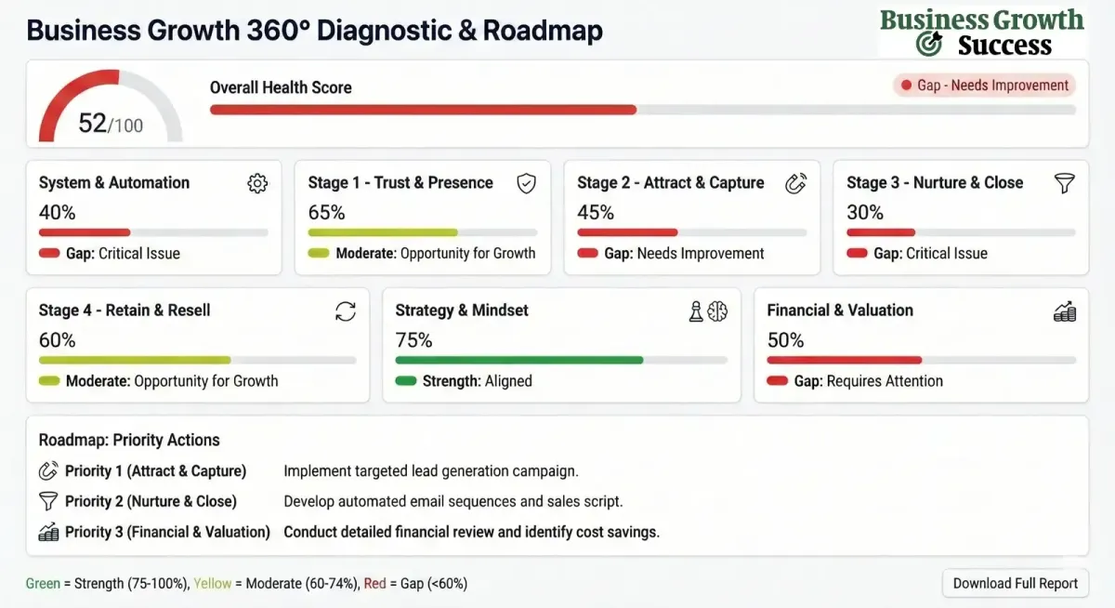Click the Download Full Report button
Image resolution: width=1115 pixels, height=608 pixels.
[1016, 584]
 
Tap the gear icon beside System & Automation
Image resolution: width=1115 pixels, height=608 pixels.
[257, 183]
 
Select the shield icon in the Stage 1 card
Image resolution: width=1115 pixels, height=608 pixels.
[526, 183]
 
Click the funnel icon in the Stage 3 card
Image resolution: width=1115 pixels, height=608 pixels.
[1065, 183]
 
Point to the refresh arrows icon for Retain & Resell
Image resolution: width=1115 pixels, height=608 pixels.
[346, 311]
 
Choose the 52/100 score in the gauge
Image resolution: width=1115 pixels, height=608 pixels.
[110, 123]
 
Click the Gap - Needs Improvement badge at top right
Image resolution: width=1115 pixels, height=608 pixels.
[985, 86]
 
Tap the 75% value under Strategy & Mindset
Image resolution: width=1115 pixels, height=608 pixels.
[414, 340]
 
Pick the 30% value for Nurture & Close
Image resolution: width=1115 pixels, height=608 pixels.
[865, 212]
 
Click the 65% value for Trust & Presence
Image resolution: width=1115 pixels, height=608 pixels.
[326, 212]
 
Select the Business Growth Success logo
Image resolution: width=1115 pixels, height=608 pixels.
[982, 33]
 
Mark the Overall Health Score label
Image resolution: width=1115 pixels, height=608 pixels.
[281, 88]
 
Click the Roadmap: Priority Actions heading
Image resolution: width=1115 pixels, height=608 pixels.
[129, 440]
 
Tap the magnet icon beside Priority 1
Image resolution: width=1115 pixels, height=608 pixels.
[48, 471]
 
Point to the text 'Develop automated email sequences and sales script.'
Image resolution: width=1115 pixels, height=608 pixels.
[453, 501]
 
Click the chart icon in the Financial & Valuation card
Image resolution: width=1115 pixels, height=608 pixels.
[1065, 312]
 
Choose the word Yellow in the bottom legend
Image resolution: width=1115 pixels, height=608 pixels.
[213, 584]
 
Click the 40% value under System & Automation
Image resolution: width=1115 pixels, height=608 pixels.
[57, 212]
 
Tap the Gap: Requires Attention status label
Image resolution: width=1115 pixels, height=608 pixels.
[855, 381]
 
